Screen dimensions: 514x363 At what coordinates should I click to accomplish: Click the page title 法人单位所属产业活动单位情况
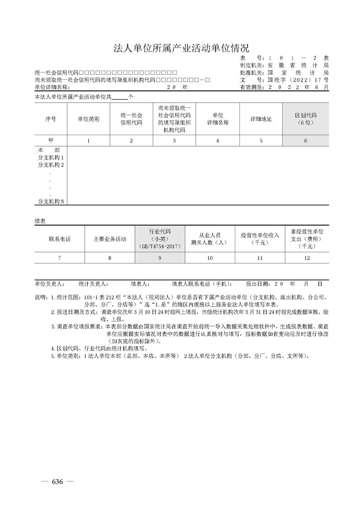coord(181,48)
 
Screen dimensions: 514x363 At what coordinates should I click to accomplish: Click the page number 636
coord(57,481)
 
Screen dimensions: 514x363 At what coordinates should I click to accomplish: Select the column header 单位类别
coord(88,119)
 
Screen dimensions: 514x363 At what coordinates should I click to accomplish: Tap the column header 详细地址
coord(261,119)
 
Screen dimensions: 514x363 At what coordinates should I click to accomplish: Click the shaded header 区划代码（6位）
coord(305,119)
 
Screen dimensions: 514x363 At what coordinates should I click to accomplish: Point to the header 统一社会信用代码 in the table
coord(131,119)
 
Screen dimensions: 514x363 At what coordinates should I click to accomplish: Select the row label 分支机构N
coord(51,201)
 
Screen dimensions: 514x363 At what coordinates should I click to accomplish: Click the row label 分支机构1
coord(51,157)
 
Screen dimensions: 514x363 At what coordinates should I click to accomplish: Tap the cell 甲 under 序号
coord(51,141)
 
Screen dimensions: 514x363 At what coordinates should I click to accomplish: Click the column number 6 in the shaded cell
coord(305,141)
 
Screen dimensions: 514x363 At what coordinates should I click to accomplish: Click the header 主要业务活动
coord(110,239)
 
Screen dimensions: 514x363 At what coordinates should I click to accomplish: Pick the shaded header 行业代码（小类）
coord(160,239)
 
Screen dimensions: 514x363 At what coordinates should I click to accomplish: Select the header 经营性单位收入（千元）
coord(260,239)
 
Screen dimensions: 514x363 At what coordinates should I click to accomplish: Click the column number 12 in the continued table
coord(307,258)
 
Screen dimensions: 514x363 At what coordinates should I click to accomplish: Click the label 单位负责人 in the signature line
coord(49,284)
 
